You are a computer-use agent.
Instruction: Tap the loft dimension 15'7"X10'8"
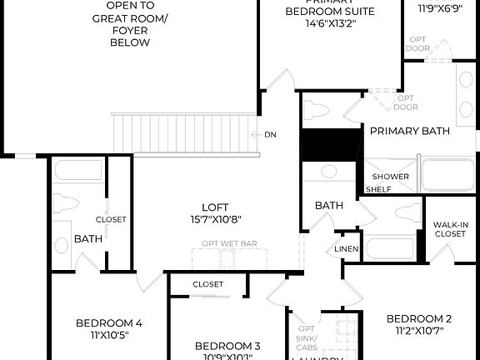[215, 220]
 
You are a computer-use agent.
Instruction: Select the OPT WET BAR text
[229, 244]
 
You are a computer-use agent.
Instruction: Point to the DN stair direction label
[270, 135]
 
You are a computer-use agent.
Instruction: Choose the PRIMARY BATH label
[409, 131]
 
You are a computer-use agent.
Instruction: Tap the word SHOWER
[390, 177]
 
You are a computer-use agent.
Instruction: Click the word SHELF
[378, 189]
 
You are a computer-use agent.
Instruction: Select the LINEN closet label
[346, 250]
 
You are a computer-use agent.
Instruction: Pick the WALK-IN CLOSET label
[450, 229]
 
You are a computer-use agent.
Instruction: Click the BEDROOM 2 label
[419, 318]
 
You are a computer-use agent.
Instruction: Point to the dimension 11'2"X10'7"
[419, 331]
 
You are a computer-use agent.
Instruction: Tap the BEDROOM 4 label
[109, 323]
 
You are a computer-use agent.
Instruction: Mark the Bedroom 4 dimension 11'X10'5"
[109, 336]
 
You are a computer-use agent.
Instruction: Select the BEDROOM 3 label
[228, 346]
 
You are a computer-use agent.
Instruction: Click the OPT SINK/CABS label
[307, 338]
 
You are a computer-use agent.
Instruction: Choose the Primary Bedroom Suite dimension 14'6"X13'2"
[330, 24]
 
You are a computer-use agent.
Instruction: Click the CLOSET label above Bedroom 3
[207, 284]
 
